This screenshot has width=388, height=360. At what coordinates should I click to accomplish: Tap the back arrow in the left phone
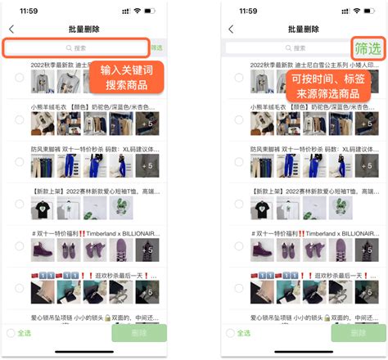click(x=10, y=29)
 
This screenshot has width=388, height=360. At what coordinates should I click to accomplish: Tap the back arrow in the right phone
click(x=230, y=29)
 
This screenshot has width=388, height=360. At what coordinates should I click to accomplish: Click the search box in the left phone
click(x=75, y=48)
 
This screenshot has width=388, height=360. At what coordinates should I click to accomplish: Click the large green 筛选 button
click(x=368, y=48)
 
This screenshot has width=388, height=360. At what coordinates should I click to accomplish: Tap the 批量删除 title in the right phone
click(x=305, y=29)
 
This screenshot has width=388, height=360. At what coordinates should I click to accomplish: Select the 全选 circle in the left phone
click(x=11, y=333)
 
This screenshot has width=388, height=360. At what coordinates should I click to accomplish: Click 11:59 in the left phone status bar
click(x=29, y=11)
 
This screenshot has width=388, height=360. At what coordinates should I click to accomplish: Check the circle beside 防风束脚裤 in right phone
click(x=238, y=164)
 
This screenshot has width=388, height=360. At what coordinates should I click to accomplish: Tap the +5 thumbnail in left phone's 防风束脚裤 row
click(x=148, y=164)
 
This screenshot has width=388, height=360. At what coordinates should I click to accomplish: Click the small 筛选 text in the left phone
click(x=156, y=48)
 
